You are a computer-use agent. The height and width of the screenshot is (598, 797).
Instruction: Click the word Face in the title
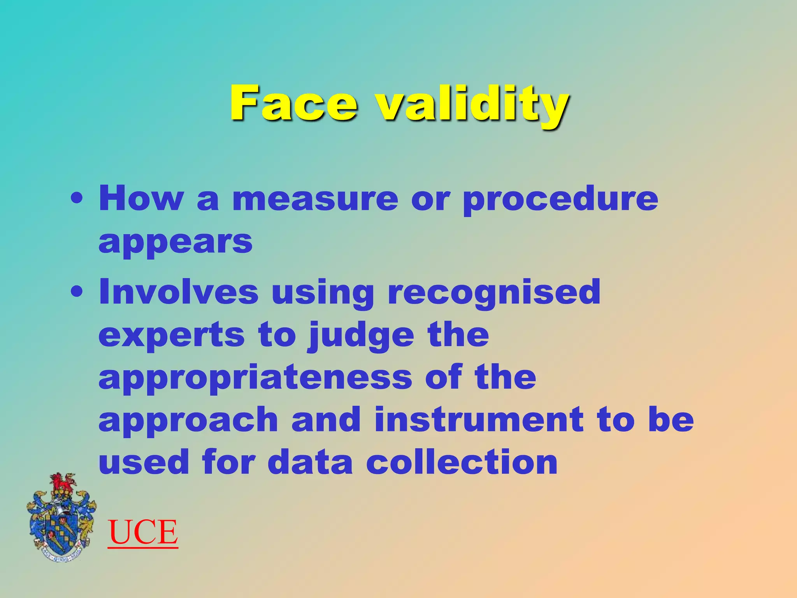[293, 103]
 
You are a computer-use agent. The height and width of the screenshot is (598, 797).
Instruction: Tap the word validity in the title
[472, 104]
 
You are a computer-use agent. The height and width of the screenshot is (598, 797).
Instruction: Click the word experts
[172, 336]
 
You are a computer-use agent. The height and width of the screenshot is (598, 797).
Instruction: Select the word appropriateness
[255, 379]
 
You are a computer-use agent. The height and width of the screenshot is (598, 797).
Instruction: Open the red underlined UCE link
[143, 532]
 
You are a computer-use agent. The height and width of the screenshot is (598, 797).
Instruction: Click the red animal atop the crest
[62, 483]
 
